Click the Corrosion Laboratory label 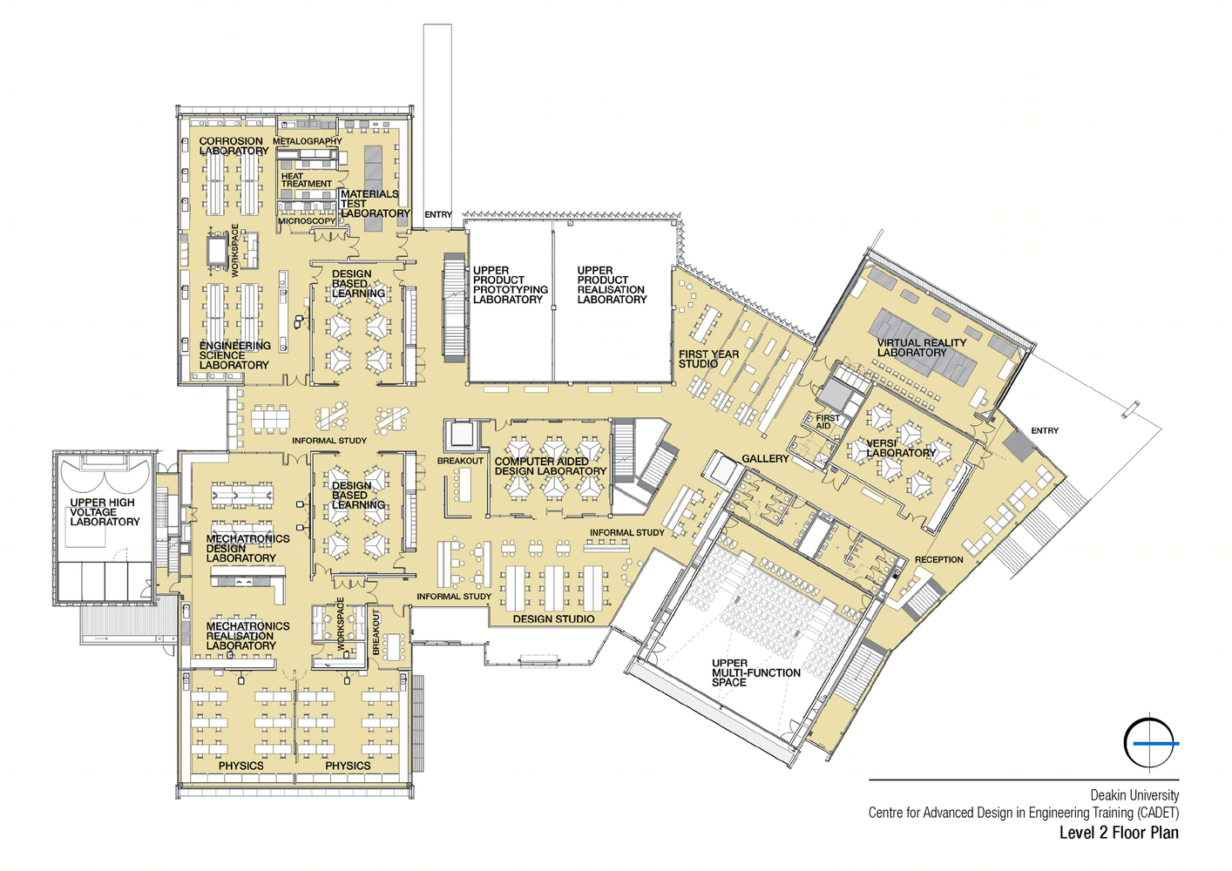point(234,145)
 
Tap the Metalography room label point(308,141)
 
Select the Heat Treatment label point(307,179)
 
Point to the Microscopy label point(307,221)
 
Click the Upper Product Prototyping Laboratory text point(511,285)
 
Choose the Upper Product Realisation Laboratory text point(612,285)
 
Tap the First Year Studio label point(708,359)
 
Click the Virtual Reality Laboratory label point(921,348)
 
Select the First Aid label point(827,422)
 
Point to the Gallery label point(765,459)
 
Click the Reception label point(939,560)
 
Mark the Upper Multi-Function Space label point(755,672)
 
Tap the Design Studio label point(553,619)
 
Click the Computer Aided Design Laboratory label point(550,466)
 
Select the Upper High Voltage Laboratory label point(105,512)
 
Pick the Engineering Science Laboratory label point(235,355)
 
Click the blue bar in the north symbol point(1155,744)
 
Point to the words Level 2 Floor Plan point(1119,833)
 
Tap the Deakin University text point(1134,795)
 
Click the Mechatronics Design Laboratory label point(247,548)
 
